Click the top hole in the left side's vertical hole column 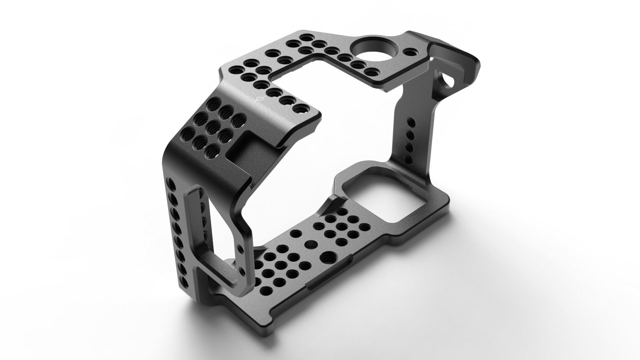click(171, 183)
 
